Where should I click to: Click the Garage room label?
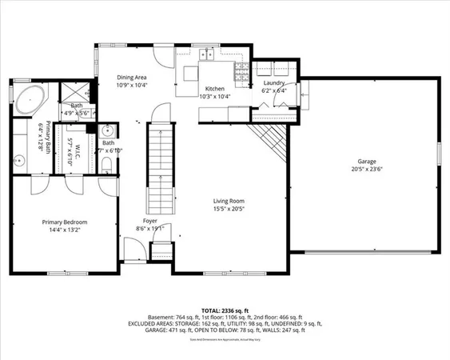coord(366,160)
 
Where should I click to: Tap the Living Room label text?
coord(228,201)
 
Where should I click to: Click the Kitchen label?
coord(214,89)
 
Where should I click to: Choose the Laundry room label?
coord(274,82)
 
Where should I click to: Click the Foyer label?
coord(149,220)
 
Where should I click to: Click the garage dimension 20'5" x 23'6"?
coord(366,169)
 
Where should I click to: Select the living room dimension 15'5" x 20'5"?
coord(228,210)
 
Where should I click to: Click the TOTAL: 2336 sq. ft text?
coord(225,308)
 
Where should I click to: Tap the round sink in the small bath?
coord(108,131)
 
